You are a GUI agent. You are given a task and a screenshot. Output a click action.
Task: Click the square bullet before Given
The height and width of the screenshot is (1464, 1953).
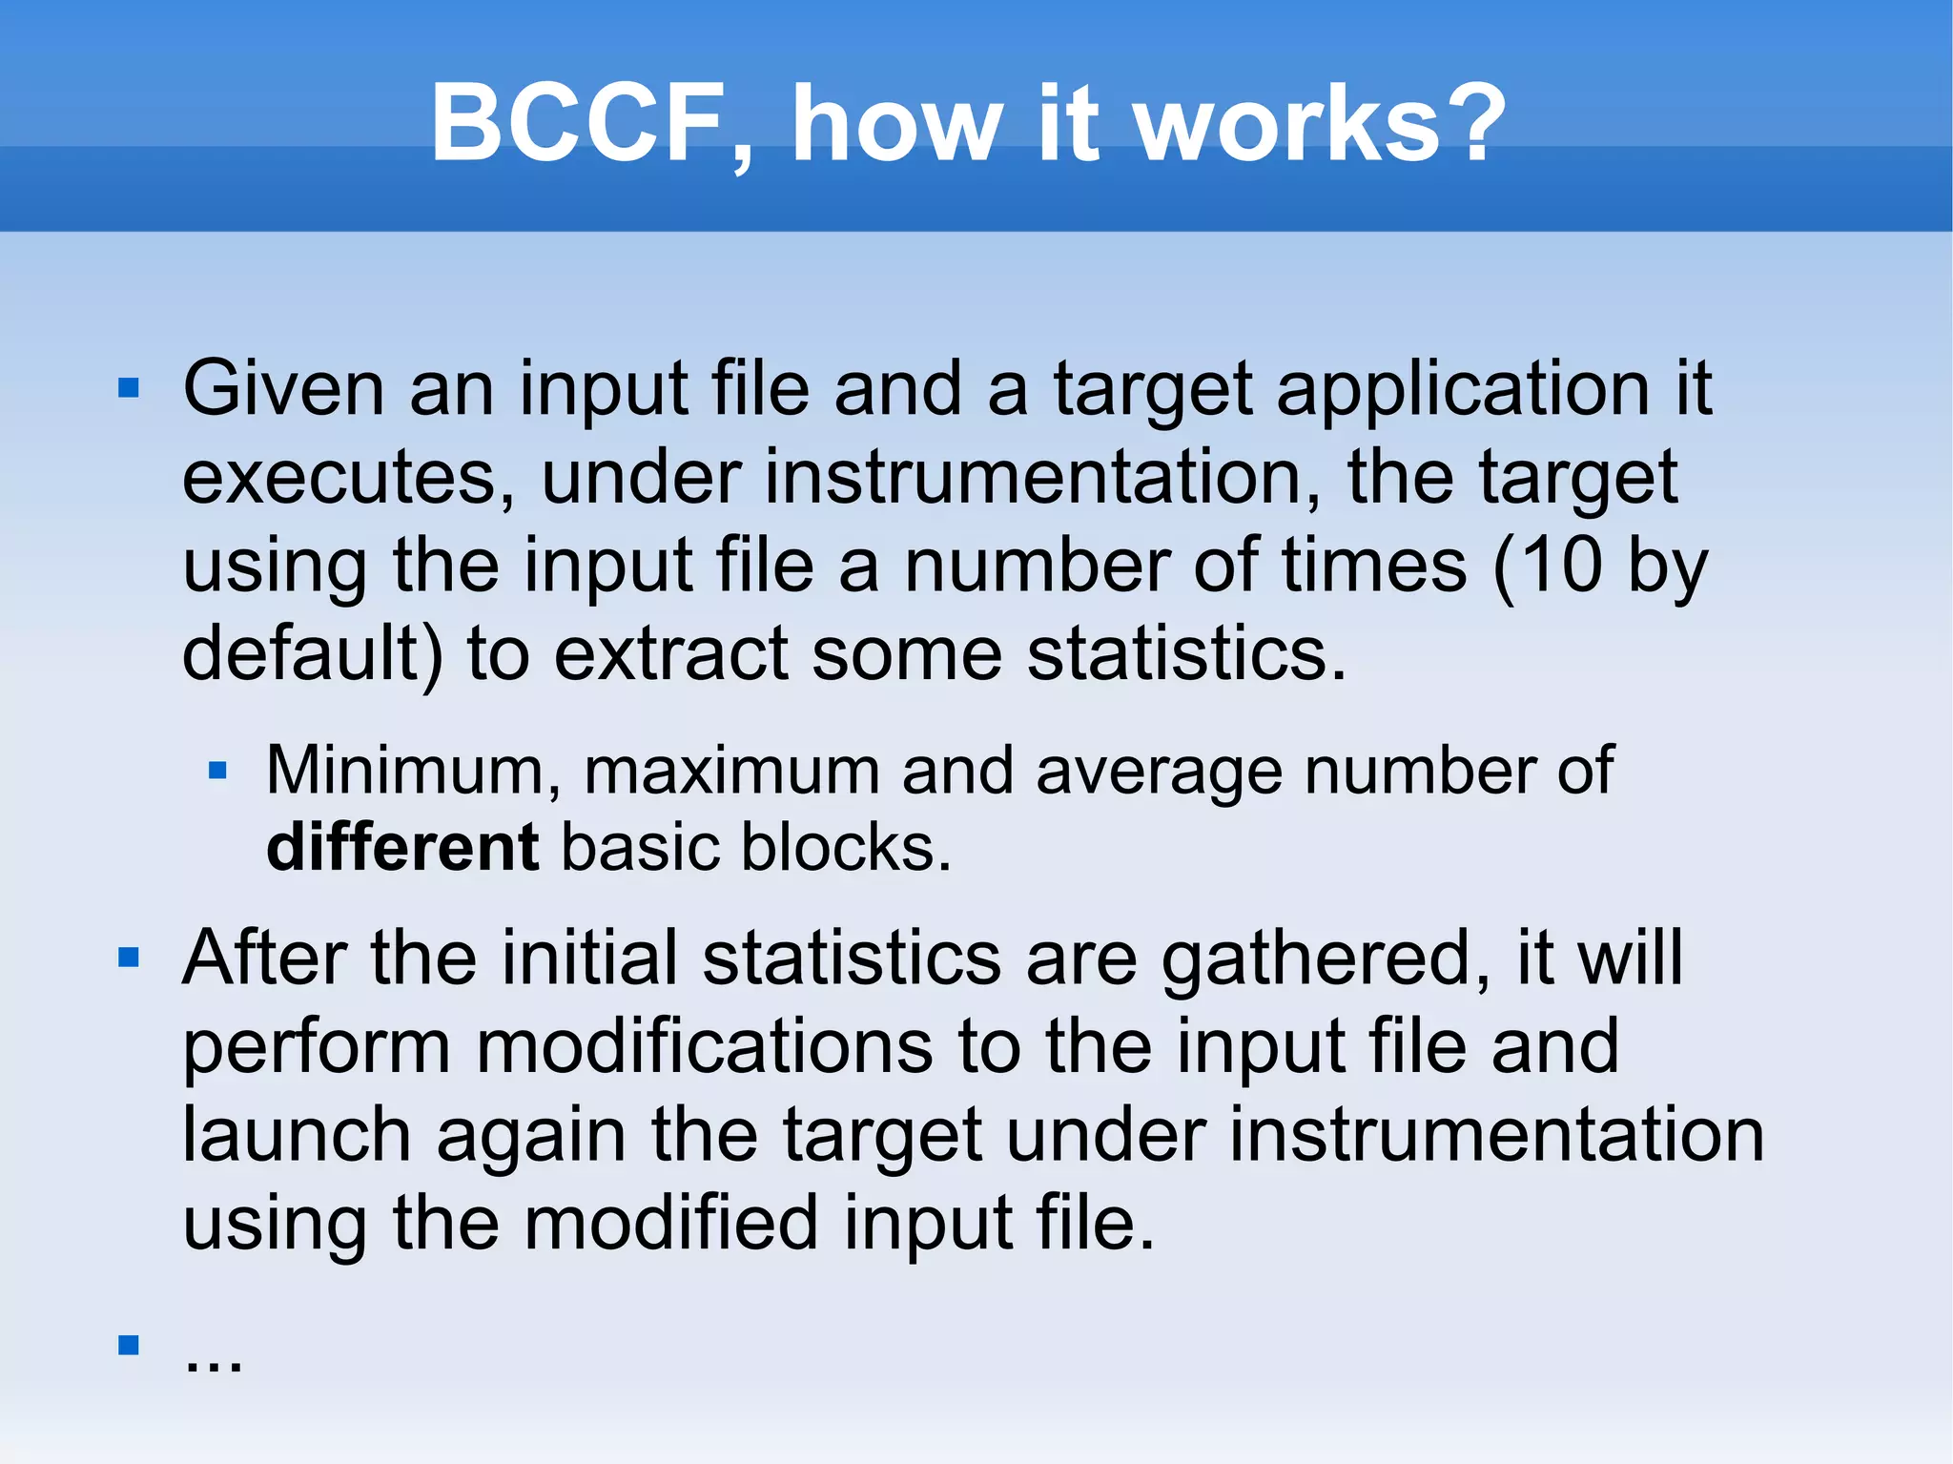(129, 388)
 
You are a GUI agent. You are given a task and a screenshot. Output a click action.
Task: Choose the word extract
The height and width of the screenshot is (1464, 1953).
(671, 654)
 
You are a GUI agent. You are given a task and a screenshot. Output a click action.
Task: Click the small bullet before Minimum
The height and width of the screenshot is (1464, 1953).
(217, 770)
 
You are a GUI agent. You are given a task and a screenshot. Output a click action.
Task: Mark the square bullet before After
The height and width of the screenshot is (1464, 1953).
(129, 957)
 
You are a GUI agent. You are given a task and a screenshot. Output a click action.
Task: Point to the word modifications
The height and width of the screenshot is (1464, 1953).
(704, 1046)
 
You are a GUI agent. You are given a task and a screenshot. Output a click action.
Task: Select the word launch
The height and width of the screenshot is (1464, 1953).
(297, 1135)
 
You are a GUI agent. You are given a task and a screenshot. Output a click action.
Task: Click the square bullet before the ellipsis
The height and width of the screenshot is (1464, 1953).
(129, 1345)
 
